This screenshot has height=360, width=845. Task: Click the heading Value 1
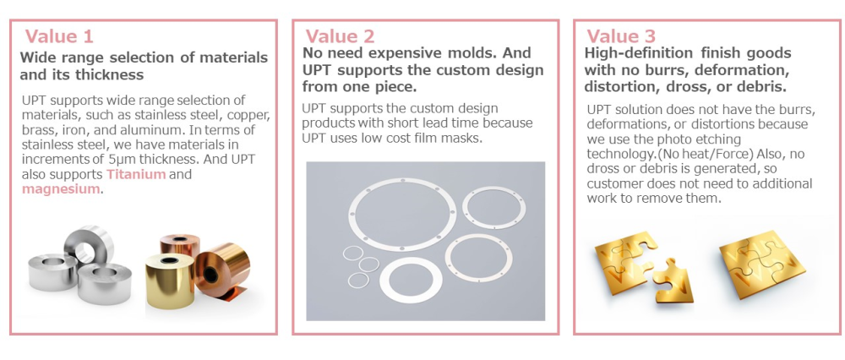(59, 36)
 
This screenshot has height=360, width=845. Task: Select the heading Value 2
(340, 36)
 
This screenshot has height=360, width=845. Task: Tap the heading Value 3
(621, 36)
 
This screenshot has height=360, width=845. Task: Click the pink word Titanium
(136, 175)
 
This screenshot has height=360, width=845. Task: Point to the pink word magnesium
(61, 189)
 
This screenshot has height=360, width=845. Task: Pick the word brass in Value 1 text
(36, 130)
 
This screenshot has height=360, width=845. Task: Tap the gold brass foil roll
(170, 280)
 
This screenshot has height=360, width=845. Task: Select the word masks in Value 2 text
(464, 138)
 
